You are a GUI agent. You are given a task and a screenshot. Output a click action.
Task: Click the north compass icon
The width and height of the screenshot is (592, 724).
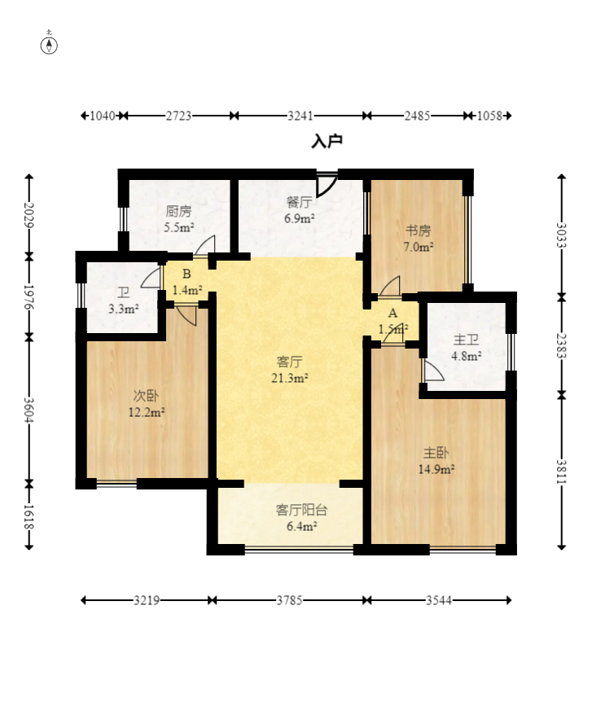[x=49, y=46]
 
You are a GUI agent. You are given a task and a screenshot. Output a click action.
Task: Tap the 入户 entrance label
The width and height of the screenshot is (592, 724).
[x=327, y=141]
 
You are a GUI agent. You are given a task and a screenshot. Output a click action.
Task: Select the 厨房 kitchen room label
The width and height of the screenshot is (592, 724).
[x=178, y=212]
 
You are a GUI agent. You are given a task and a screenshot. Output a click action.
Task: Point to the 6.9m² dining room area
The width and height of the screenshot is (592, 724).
[x=300, y=218]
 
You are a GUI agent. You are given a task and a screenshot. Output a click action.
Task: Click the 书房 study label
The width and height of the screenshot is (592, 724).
[x=419, y=230]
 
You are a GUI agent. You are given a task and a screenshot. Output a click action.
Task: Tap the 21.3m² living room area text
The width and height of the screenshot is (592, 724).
[x=290, y=378]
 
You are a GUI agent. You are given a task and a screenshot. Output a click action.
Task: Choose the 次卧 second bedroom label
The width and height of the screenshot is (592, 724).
[x=146, y=396]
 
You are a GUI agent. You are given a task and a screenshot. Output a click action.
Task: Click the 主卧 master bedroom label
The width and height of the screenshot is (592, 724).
[x=436, y=453]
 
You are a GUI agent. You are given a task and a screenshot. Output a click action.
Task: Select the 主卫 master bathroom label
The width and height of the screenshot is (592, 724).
[x=466, y=340]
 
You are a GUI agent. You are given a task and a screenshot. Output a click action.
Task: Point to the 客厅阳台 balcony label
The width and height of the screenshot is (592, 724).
[x=301, y=510]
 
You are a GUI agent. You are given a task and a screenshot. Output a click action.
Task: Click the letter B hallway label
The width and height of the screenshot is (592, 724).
[x=186, y=274]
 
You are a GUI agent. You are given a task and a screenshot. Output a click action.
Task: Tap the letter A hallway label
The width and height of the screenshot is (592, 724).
[x=392, y=313]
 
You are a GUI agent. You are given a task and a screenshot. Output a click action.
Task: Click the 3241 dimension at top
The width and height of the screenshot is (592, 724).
[x=300, y=116]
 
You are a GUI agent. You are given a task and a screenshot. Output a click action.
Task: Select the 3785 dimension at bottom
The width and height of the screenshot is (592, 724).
[x=290, y=600]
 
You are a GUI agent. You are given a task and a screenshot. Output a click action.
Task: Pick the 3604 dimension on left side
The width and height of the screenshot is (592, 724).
[x=29, y=410]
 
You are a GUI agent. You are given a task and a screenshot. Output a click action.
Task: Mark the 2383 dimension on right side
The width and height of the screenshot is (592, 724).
[x=562, y=345]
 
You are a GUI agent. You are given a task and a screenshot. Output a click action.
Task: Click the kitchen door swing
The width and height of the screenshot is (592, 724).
[x=205, y=244]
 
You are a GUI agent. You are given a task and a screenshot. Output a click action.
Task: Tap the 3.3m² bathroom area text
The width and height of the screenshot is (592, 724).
[x=124, y=309]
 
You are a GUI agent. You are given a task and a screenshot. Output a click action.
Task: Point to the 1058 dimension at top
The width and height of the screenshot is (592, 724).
[x=489, y=116]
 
